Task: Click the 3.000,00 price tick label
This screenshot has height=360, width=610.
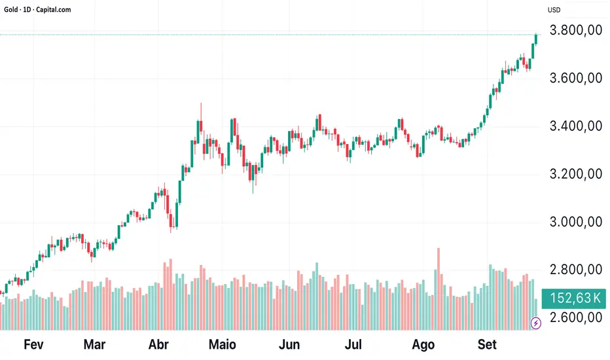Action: [x=575, y=222]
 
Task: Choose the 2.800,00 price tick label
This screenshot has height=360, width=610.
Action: [x=575, y=270]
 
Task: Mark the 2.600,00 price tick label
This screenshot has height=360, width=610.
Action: [x=575, y=317]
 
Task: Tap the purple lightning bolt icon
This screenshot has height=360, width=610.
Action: [x=536, y=322]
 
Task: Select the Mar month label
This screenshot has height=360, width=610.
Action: [x=96, y=344]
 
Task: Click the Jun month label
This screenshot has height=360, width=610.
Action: [x=289, y=344]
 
